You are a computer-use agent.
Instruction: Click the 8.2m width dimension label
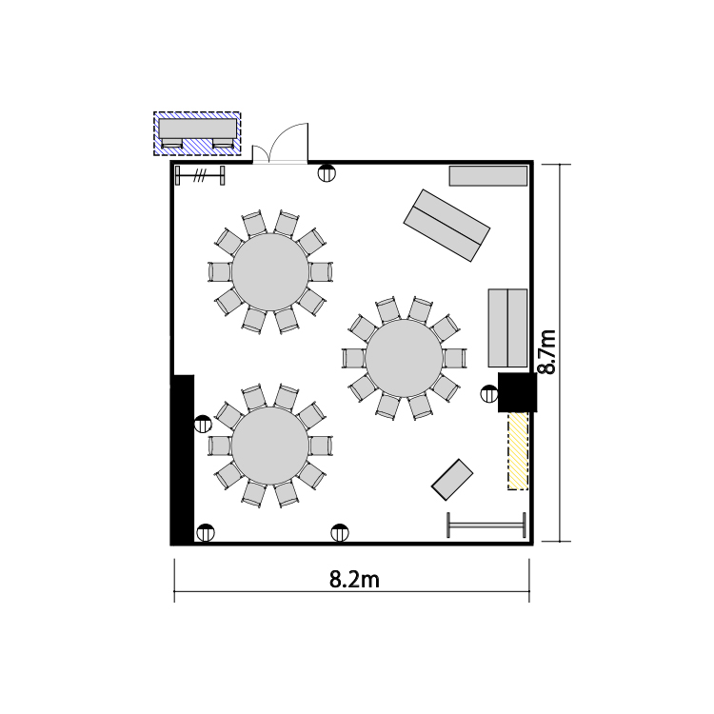354,580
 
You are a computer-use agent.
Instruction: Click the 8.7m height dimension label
546,352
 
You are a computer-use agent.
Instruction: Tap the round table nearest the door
270,272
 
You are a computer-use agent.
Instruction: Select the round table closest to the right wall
404,358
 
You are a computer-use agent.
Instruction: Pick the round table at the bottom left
270,446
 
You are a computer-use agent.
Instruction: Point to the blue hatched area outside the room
197,134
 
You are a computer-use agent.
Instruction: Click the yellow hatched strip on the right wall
518,451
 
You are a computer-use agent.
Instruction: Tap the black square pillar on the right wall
517,392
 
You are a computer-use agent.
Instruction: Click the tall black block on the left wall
183,459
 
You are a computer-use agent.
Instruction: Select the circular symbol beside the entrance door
327,173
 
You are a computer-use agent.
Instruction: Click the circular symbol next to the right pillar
489,393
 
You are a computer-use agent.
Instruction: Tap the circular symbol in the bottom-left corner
206,532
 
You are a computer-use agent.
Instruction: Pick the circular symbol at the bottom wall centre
340,532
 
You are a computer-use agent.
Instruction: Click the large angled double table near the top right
446,226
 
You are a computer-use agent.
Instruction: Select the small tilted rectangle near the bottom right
452,480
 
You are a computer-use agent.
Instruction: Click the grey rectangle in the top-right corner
488,176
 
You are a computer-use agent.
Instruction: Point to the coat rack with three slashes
200,175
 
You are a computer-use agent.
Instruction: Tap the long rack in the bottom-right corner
486,525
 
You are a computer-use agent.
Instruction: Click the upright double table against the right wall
507,327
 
